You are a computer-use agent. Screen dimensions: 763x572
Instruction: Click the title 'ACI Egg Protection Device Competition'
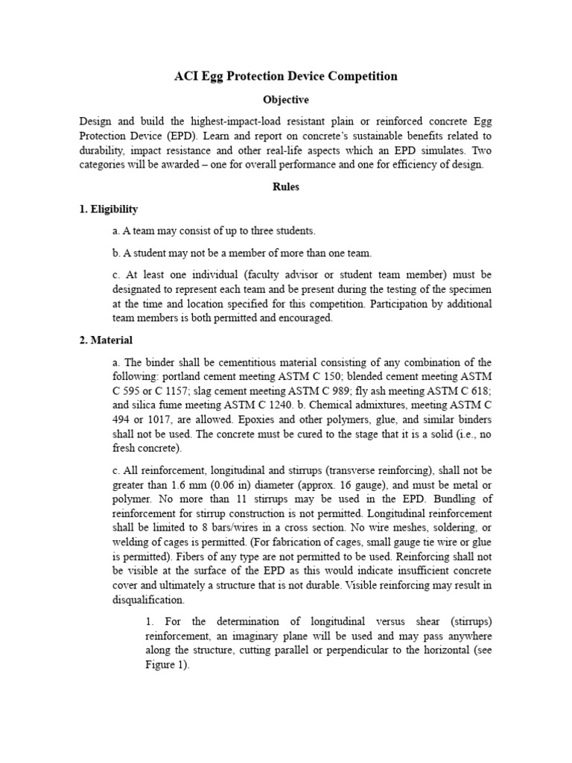point(286,76)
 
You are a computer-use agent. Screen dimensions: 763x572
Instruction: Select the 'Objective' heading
point(286,100)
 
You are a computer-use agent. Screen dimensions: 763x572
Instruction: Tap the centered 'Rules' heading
point(286,187)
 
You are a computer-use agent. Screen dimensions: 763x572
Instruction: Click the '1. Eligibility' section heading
point(109,209)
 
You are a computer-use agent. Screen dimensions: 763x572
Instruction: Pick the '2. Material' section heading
point(106,341)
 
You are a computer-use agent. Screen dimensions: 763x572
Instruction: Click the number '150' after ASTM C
point(345,376)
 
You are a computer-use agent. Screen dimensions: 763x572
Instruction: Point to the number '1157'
point(200,390)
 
